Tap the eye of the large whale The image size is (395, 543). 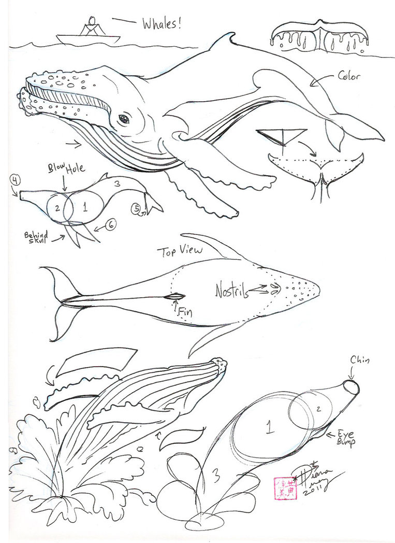click(x=124, y=119)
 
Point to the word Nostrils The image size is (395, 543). click(x=231, y=291)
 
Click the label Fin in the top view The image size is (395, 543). click(x=184, y=312)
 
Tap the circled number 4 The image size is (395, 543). click(x=16, y=180)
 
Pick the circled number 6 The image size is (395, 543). click(x=112, y=225)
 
